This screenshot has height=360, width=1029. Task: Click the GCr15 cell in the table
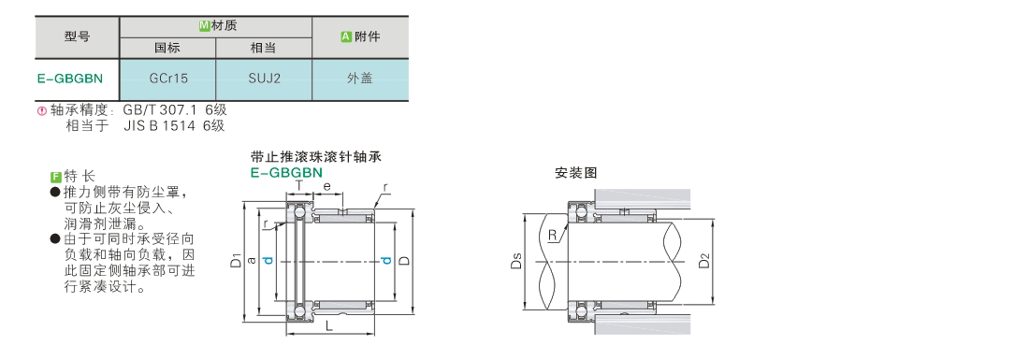point(168,79)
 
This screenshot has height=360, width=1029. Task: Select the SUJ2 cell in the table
point(265,79)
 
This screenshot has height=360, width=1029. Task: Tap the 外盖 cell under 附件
point(359,79)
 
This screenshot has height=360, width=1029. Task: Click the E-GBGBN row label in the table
point(70,79)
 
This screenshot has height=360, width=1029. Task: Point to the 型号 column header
point(78,36)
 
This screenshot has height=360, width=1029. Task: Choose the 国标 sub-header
point(167,48)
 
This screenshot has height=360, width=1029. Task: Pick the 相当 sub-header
point(263,48)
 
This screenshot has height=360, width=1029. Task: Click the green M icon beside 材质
point(204,26)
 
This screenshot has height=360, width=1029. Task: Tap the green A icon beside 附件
point(346,36)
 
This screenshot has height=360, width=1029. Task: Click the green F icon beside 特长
point(56,177)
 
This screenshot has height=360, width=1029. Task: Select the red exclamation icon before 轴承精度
point(42,111)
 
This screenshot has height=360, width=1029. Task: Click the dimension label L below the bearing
point(328,324)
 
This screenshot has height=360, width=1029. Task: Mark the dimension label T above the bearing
point(299,186)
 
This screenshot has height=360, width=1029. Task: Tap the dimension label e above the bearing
point(326,187)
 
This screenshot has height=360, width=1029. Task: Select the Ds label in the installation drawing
point(516,261)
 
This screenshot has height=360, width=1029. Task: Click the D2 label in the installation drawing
point(704,260)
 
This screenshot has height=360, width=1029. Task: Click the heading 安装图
point(576,173)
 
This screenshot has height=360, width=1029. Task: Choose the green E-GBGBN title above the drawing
point(287,172)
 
